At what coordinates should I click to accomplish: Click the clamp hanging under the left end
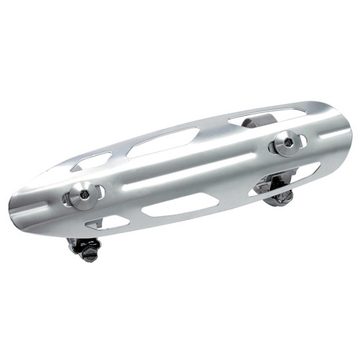click(x=85, y=248)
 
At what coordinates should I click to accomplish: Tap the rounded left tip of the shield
click(x=14, y=209)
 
